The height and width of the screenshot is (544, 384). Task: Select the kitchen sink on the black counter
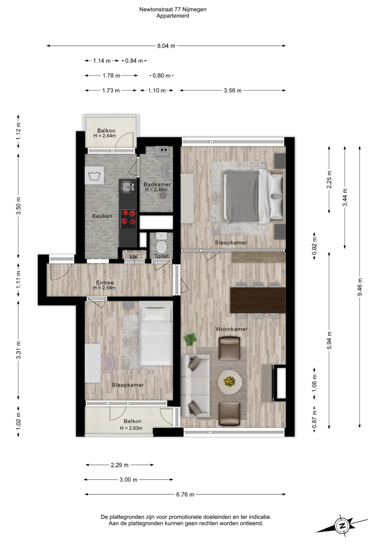click(127, 187)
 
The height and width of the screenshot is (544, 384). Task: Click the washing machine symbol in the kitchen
click(94, 176)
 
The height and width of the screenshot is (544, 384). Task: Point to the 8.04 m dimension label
click(166, 46)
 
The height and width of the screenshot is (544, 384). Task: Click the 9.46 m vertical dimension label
click(360, 287)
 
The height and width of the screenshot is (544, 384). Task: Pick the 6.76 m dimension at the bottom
click(185, 494)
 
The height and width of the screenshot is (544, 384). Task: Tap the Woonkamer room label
click(231, 329)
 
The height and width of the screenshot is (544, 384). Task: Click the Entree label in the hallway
click(105, 283)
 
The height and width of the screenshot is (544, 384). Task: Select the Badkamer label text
click(157, 185)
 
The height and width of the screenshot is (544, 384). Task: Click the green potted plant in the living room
click(190, 339)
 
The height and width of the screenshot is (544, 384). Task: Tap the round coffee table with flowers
click(230, 381)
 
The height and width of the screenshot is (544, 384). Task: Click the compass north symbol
click(342, 526)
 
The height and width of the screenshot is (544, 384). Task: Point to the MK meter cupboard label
click(134, 257)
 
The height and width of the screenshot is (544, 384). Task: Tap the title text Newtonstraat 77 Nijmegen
click(173, 9)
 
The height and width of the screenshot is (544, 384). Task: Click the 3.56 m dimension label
click(232, 90)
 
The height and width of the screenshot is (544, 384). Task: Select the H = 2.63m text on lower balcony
click(131, 428)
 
